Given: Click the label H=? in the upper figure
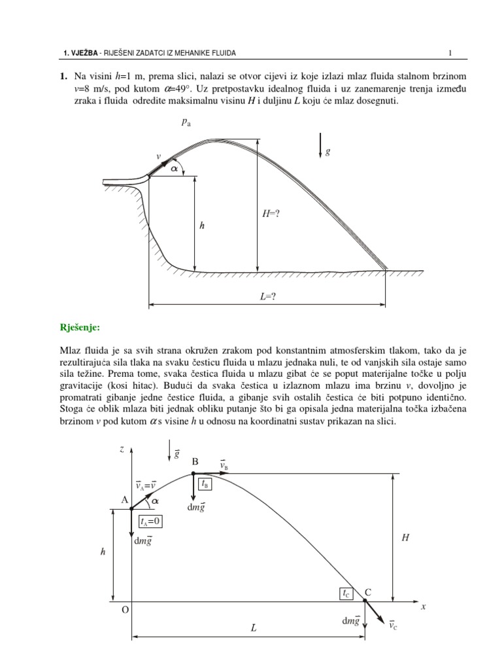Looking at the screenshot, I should coord(271,213).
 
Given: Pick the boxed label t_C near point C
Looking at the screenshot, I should coord(346,593).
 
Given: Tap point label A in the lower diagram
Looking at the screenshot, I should coord(124,500).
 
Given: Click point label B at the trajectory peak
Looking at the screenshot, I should coord(195,462).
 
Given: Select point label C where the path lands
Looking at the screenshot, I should coord(367,592).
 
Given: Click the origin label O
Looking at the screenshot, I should coord(125,610).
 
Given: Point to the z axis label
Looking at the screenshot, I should coord(122,449).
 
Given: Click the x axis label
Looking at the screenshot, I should coord(424,607).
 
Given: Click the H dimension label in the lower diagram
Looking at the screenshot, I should coord(405,537).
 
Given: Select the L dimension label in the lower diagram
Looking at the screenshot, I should coord(254,627).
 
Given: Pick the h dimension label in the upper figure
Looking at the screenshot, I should coord(202,225).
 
